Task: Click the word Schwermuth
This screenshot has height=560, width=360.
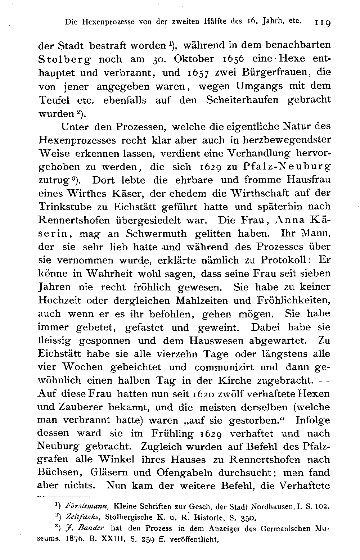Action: [x=157, y=234]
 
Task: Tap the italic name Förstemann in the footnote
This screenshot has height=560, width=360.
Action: [x=87, y=506]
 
